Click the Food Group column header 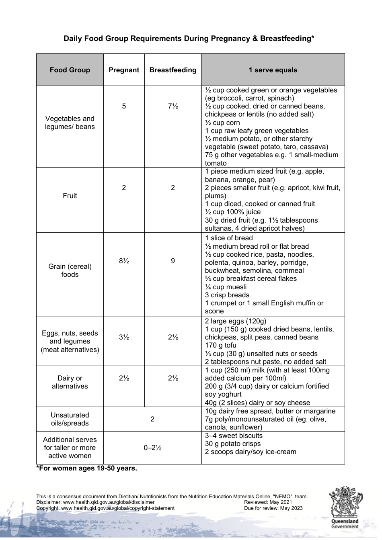tap(70, 70)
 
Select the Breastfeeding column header tap(173, 70)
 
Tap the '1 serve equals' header tap(273, 70)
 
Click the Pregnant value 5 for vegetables tap(124, 106)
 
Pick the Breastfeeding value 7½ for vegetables tap(173, 106)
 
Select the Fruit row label tap(70, 196)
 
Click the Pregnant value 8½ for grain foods tap(124, 261)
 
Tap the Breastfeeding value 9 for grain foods tap(173, 261)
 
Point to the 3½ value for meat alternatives tap(124, 337)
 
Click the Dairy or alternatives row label tap(70, 382)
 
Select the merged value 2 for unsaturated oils tap(152, 419)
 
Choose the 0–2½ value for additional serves tap(152, 448)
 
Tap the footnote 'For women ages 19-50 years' tap(87, 468)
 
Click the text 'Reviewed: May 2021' tap(268, 502)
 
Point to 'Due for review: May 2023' tap(273, 508)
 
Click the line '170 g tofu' tap(221, 346)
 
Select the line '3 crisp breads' tap(227, 295)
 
